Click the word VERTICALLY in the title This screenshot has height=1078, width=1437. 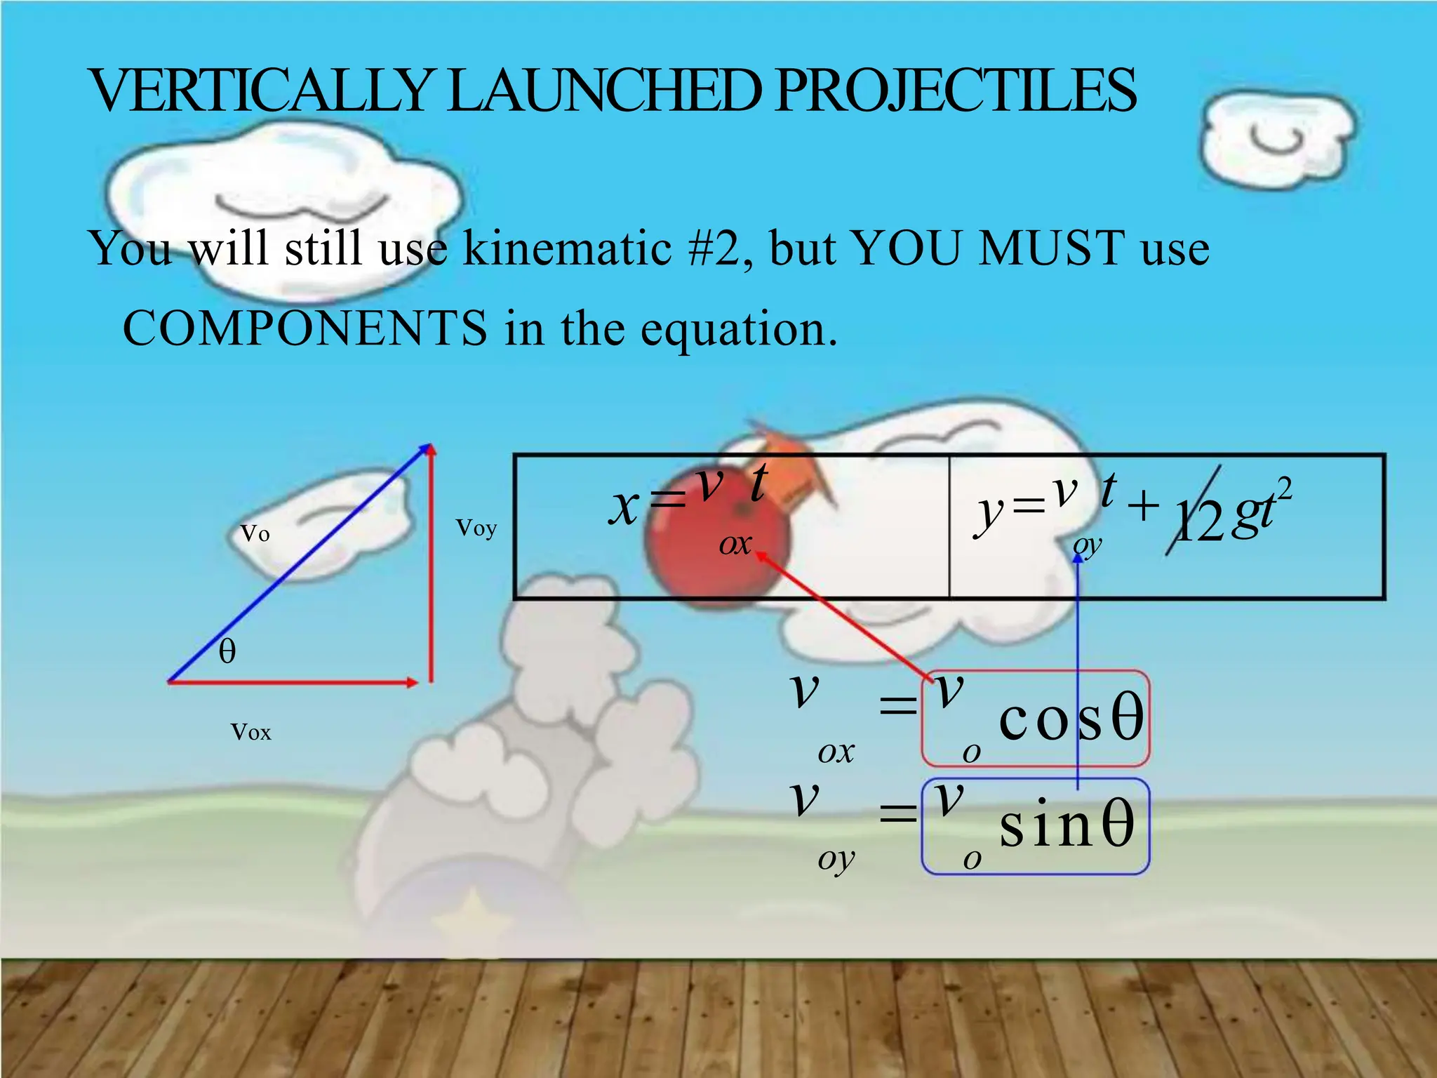260,91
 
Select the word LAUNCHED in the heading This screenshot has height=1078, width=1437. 603,91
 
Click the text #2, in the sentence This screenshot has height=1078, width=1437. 720,249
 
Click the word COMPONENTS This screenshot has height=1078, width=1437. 305,328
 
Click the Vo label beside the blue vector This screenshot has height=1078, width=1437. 255,534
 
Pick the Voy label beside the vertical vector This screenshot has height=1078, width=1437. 476,528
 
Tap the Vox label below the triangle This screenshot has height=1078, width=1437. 250,733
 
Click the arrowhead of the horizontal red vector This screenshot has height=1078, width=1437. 413,681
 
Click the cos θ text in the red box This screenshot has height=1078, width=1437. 1071,719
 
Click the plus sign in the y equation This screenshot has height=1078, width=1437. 1144,505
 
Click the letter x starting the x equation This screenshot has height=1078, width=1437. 623,507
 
